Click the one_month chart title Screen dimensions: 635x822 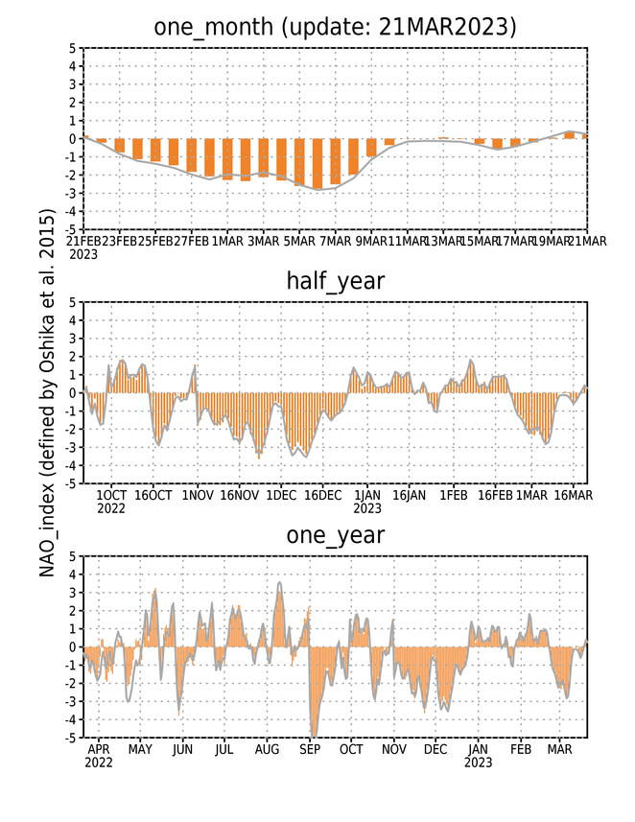tap(335, 27)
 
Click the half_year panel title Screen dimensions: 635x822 tap(335, 281)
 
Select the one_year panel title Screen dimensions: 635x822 tap(335, 535)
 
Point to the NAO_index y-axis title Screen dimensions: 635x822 tap(47, 392)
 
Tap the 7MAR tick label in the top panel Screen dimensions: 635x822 tap(335, 241)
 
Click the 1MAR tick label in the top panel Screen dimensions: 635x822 tap(227, 241)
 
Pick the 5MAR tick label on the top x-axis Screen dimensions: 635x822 tap(299, 241)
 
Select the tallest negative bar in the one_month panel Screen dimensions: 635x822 tap(317, 164)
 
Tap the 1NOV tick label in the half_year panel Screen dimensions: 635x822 tap(198, 495)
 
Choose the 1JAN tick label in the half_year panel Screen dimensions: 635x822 tap(367, 495)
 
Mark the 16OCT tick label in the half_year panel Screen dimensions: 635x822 tap(153, 495)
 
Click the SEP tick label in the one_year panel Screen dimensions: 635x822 tap(310, 750)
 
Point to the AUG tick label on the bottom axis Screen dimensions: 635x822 tap(267, 750)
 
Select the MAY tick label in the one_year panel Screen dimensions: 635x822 tap(140, 750)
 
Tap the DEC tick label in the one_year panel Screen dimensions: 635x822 tap(435, 750)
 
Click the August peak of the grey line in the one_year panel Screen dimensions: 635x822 tap(279, 582)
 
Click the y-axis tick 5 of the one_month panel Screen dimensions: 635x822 tap(72, 48)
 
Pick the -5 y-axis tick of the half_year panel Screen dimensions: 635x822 tap(70, 483)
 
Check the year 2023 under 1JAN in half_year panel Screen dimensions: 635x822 tap(367, 508)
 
